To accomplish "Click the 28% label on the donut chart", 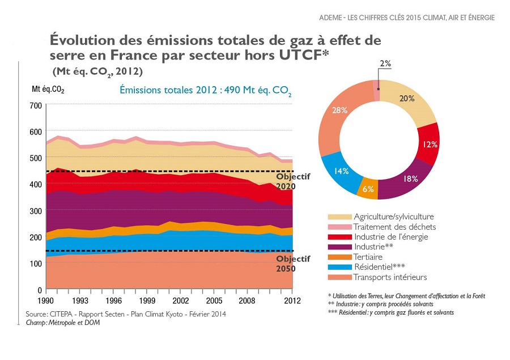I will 340,110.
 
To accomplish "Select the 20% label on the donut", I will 406,98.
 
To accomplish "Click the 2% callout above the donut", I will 385,63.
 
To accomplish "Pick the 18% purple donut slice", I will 410,179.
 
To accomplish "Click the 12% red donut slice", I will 430,144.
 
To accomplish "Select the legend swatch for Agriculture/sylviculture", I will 339,217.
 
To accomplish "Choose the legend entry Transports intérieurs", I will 390,277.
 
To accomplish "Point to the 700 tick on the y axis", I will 35,105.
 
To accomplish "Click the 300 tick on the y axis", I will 35,211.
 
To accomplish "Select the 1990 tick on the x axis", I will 46,300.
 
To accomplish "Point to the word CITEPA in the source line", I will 62,314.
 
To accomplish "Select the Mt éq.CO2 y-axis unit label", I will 48,90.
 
